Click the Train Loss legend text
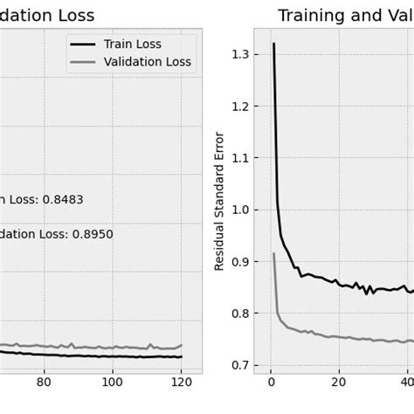pyautogui.click(x=133, y=45)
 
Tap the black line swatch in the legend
pyautogui.click(x=85, y=45)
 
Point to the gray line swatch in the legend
pyautogui.click(x=85, y=62)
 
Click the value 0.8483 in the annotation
pyautogui.click(x=58, y=199)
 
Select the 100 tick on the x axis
pyautogui.click(x=112, y=382)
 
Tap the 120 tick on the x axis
pyautogui.click(x=180, y=382)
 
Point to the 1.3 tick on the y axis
pyautogui.click(x=238, y=54)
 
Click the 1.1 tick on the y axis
pyautogui.click(x=238, y=158)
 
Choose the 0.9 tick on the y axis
pyautogui.click(x=238, y=261)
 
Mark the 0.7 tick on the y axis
pyautogui.click(x=238, y=365)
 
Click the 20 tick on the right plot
pyautogui.click(x=339, y=382)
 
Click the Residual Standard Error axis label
pyautogui.click(x=219, y=201)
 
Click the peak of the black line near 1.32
pyautogui.click(x=273, y=44)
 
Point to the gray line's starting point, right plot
pyautogui.click(x=273, y=254)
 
